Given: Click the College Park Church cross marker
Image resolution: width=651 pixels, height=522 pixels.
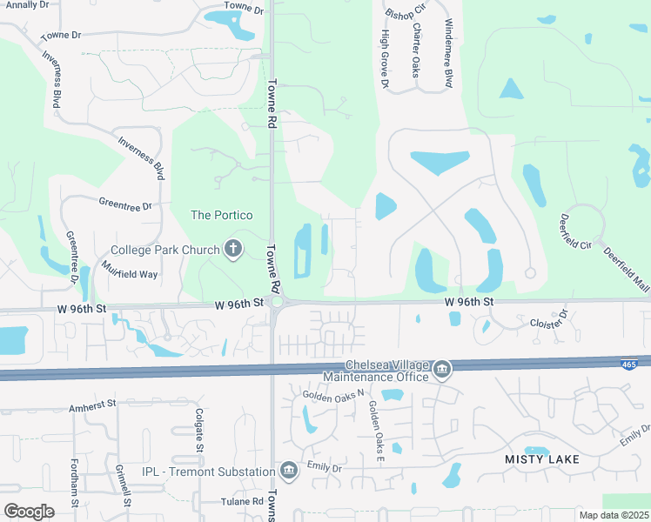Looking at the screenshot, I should point(232,250).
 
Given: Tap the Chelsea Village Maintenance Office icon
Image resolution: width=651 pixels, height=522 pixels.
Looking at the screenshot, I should point(442,371).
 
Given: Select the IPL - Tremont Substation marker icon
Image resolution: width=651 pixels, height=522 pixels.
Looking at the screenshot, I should point(289,472).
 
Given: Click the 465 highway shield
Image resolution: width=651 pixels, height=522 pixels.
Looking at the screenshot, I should point(628,365).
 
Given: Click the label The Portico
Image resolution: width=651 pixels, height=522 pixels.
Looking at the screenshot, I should point(222,215).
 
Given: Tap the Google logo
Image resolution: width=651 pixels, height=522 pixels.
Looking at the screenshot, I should point(29,511).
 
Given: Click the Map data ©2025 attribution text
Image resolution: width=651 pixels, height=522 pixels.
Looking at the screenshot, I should point(614,515).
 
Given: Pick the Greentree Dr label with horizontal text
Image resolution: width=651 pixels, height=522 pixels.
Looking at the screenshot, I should point(124,206).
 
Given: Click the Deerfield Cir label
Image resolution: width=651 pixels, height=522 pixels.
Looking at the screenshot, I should point(574,232).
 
